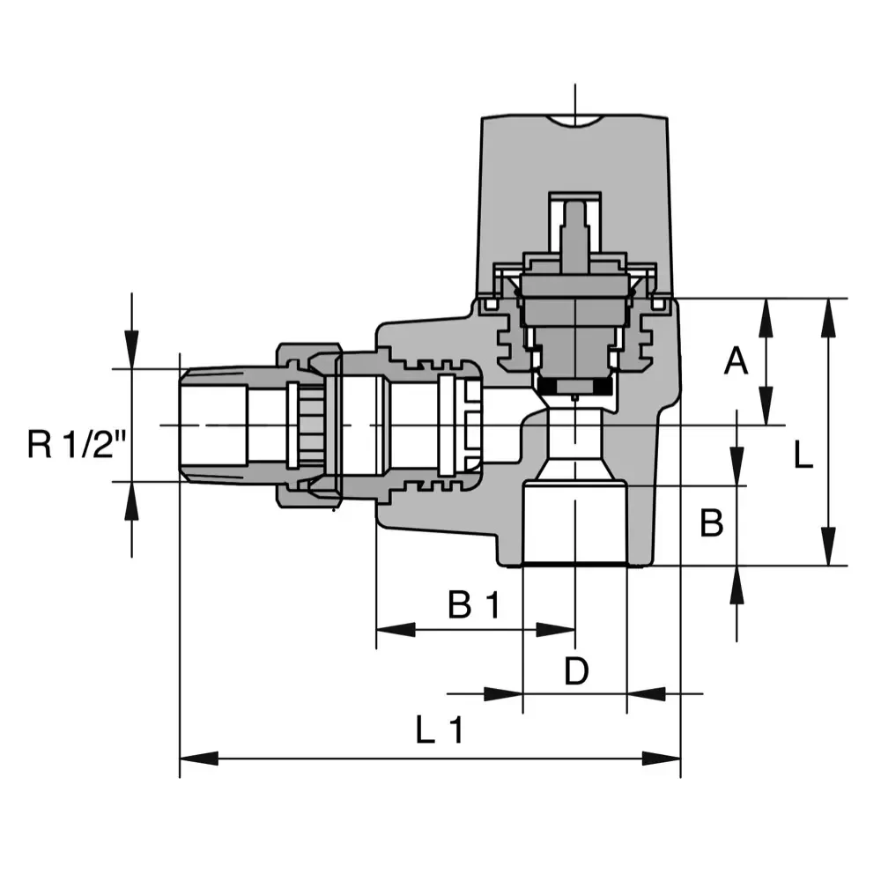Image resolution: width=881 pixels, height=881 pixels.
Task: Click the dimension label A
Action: [736, 360]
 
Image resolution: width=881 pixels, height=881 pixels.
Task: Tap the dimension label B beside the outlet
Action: [711, 523]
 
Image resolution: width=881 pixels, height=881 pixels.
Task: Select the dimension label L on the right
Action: [803, 455]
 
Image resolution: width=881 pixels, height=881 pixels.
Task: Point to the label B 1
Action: [473, 606]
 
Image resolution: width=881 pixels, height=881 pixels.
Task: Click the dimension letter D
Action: [575, 672]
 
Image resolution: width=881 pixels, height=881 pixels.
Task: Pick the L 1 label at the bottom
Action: [439, 731]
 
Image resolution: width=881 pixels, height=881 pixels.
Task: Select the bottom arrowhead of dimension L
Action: [827, 546]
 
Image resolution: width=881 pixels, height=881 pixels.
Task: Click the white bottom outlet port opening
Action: [574, 524]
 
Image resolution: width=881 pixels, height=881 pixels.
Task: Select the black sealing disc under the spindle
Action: [574, 388]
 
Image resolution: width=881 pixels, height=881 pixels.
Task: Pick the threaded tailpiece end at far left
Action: [211, 425]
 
